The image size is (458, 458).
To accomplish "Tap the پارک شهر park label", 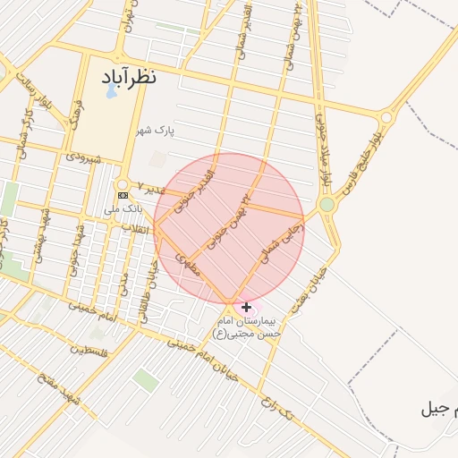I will click(x=155, y=131).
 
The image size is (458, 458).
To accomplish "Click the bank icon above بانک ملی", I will click(x=123, y=195).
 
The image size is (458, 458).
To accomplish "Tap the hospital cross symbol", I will click(x=246, y=307).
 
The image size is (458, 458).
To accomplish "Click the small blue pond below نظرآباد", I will click(x=110, y=91).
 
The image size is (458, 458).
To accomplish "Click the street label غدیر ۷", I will click(x=153, y=190).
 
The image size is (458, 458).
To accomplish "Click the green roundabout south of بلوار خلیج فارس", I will click(x=327, y=205).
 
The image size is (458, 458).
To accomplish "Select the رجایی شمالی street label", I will click(x=283, y=242).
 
